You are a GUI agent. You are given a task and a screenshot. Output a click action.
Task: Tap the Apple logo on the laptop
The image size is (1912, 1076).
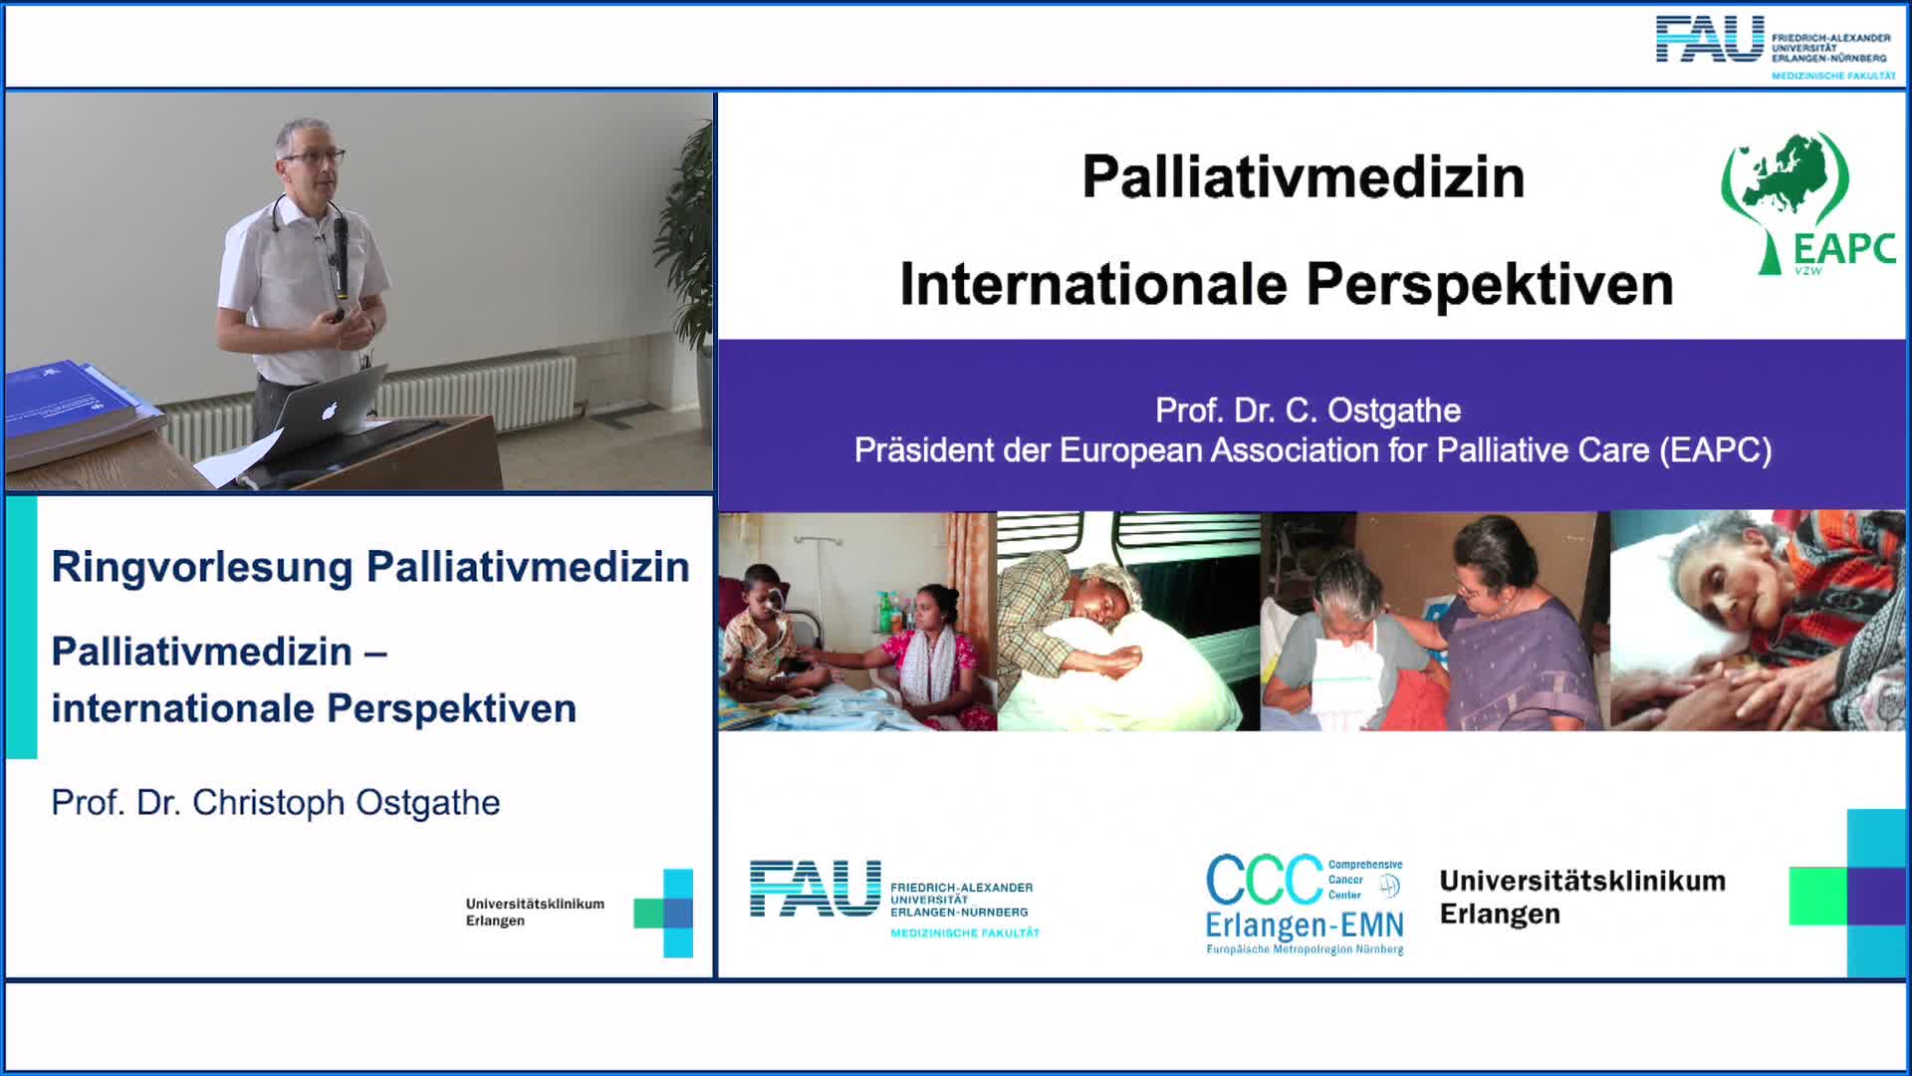[x=330, y=409]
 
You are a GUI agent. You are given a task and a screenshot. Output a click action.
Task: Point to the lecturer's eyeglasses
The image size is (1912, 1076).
[x=315, y=157]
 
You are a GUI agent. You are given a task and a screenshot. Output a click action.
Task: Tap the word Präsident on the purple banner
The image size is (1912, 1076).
[x=923, y=450]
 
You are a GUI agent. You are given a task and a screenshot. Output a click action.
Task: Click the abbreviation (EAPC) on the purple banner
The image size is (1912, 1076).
[x=1716, y=450]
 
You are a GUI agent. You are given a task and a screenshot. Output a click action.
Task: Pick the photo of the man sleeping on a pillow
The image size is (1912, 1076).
[x=1128, y=621]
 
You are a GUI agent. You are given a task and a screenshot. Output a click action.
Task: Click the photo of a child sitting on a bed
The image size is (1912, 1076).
[x=857, y=621]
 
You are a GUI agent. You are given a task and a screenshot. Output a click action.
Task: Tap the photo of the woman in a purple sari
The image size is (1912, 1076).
[x=1435, y=621]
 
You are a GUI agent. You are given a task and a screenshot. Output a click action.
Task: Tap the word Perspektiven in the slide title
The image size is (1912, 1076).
[x=1490, y=286]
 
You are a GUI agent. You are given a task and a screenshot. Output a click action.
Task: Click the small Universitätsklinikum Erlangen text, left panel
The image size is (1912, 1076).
[x=535, y=912]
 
